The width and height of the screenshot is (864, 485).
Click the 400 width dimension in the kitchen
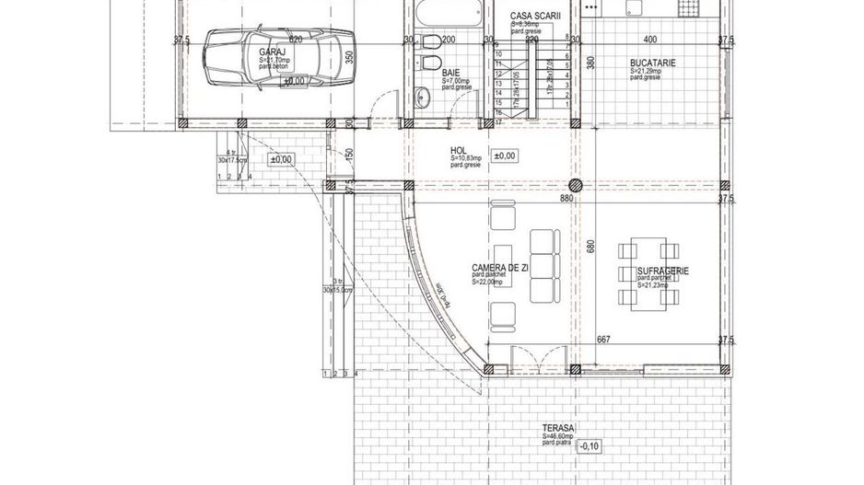click(x=650, y=40)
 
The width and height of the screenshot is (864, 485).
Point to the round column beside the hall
click(x=577, y=182)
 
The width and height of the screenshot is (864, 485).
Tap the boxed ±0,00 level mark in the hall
click(x=503, y=156)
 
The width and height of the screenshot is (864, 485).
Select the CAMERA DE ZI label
click(x=499, y=268)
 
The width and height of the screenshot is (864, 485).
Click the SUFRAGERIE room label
click(x=663, y=272)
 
